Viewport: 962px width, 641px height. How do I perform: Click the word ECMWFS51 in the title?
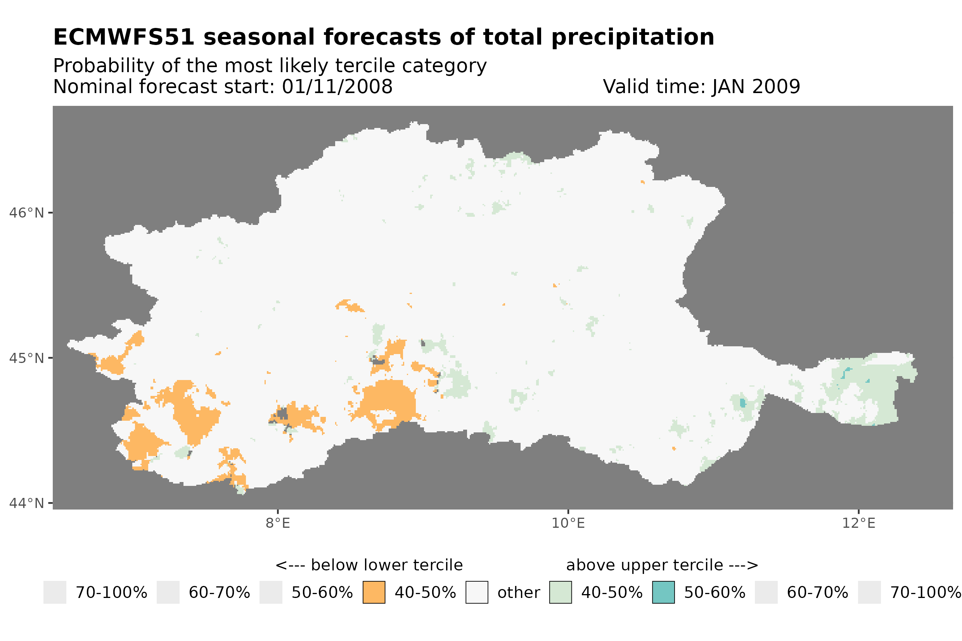click(x=123, y=37)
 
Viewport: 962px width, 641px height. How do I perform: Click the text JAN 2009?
click(x=756, y=86)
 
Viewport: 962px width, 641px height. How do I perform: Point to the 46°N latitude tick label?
click(x=26, y=213)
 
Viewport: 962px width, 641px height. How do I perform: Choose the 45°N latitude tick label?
click(x=26, y=358)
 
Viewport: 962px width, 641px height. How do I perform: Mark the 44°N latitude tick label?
click(x=26, y=503)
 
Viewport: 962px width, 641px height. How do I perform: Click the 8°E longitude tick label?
click(x=278, y=523)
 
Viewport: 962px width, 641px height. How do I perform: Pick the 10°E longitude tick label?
click(x=568, y=523)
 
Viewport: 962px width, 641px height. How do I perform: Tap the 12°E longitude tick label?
click(x=858, y=523)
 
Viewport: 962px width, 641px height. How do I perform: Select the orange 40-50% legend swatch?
click(x=374, y=593)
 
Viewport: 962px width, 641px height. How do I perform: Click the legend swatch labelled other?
click(x=477, y=593)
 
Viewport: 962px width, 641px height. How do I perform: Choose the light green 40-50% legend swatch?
click(x=560, y=593)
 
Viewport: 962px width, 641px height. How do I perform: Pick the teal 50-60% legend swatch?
click(x=663, y=593)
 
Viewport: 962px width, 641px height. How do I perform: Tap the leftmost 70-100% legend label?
click(x=111, y=593)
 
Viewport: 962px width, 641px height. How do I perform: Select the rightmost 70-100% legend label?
click(x=926, y=593)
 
